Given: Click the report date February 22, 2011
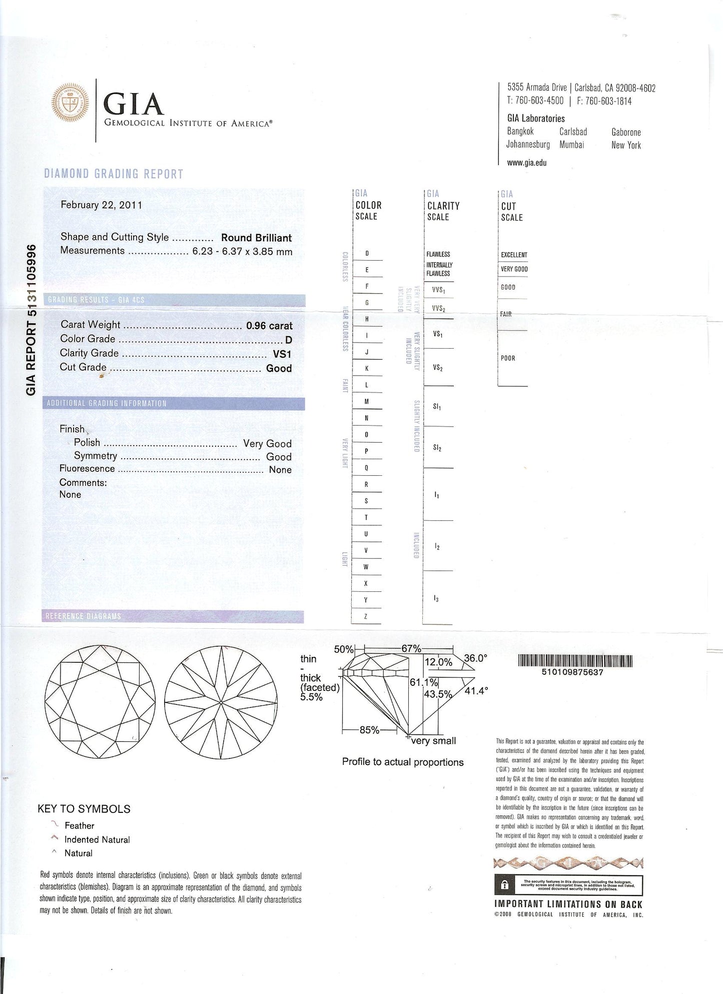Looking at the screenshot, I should [102, 205].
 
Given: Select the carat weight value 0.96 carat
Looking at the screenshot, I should [269, 326].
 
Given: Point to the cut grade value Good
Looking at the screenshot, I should [279, 369].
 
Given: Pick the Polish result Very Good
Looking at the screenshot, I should [267, 444].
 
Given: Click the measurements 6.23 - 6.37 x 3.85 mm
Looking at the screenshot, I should [242, 252].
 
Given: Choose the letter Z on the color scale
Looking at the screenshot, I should [366, 616].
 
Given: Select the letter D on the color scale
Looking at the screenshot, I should [367, 254].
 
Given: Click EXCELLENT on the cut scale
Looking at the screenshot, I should [514, 255].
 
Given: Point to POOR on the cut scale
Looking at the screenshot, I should [508, 358].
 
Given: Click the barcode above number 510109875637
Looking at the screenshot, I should [575, 661].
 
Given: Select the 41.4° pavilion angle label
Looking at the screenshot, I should [476, 691].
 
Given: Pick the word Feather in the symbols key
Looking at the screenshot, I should [80, 826].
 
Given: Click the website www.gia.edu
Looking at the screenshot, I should [526, 163].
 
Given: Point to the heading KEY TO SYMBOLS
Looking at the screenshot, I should [84, 809].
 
